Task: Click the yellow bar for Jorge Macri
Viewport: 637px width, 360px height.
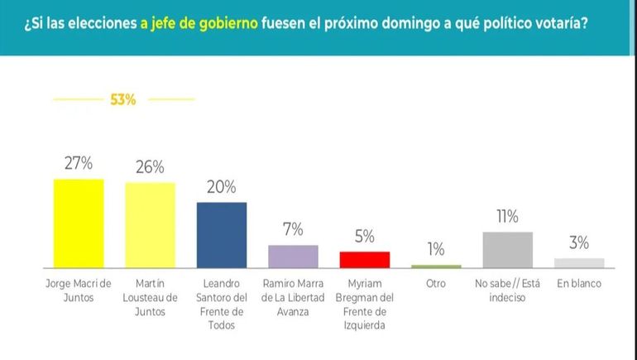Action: click(x=79, y=223)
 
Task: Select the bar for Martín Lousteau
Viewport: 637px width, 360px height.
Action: click(x=150, y=225)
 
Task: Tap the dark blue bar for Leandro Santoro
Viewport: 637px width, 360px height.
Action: click(x=221, y=235)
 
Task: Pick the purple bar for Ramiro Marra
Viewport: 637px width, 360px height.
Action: click(x=293, y=257)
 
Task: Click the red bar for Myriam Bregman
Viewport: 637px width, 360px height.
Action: click(x=364, y=260)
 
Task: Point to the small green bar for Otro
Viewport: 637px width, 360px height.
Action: click(x=436, y=266)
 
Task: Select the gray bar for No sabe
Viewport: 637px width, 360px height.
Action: click(x=507, y=250)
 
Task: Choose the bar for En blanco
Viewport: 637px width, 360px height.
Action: click(x=579, y=263)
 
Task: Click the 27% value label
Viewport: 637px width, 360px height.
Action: click(x=79, y=163)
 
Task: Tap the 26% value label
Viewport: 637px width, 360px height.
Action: click(x=150, y=166)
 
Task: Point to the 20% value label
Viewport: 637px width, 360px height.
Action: click(x=222, y=186)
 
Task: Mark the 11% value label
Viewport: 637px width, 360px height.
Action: click(x=507, y=217)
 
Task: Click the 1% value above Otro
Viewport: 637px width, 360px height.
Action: click(x=436, y=249)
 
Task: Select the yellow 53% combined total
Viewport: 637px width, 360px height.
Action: click(x=122, y=100)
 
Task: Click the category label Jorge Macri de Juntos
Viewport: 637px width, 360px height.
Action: click(x=79, y=290)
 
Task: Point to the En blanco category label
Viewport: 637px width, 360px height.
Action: click(x=579, y=284)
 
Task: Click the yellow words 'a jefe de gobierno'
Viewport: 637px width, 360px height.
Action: click(x=199, y=24)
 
